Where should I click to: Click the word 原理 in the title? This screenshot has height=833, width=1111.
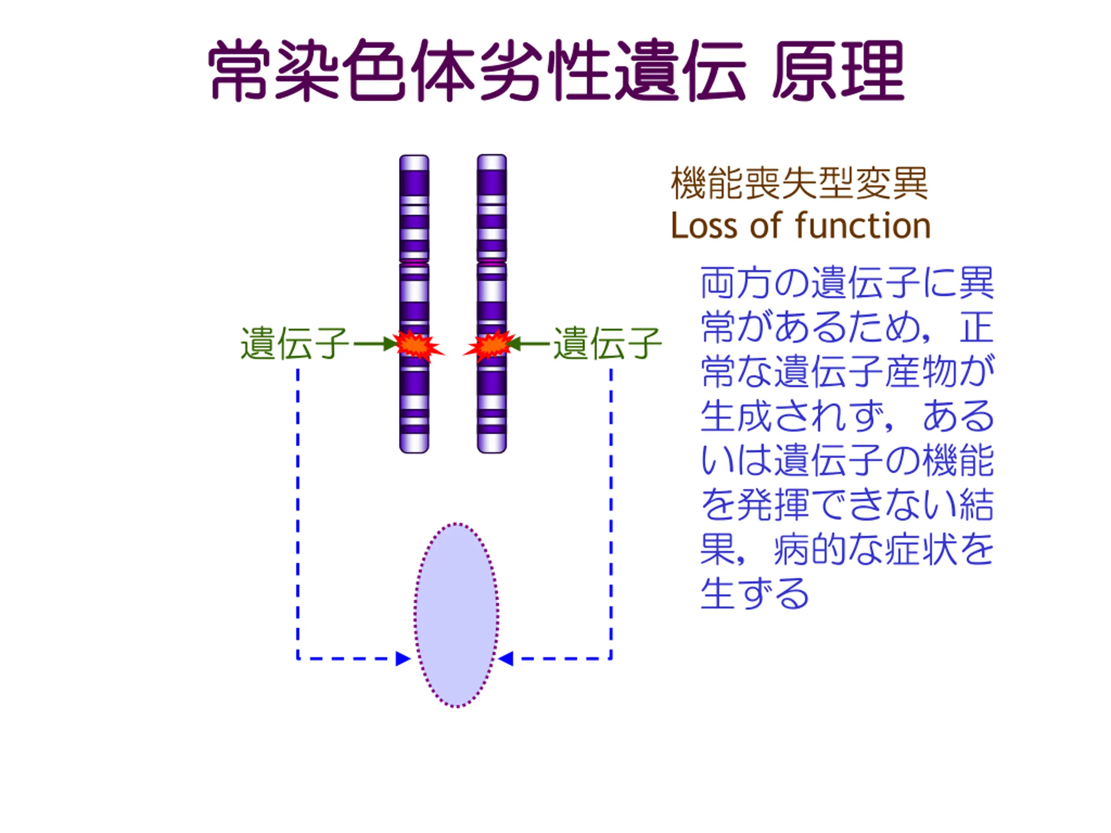(837, 71)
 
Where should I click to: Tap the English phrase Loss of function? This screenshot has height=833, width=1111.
(800, 226)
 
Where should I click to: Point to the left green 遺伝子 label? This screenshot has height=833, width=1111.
(295, 344)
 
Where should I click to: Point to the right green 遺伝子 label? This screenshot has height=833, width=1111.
(607, 344)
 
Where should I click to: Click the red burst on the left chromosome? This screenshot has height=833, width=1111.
(417, 345)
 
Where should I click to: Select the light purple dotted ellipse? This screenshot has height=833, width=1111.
(456, 615)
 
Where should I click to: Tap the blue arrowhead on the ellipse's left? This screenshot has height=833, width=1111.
(403, 659)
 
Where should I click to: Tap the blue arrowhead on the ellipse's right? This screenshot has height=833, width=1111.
(505, 659)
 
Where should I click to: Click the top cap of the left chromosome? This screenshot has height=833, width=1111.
(414, 163)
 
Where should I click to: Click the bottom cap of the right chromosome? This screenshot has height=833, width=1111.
(492, 444)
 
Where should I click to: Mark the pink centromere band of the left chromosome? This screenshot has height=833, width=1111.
(414, 262)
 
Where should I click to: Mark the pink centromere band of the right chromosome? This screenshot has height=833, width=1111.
(492, 262)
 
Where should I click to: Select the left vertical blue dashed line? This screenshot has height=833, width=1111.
(298, 512)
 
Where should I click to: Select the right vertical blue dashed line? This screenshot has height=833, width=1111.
(611, 512)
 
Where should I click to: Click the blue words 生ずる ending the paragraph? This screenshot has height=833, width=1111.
(754, 594)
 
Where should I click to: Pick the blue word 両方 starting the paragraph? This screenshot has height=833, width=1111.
(736, 283)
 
